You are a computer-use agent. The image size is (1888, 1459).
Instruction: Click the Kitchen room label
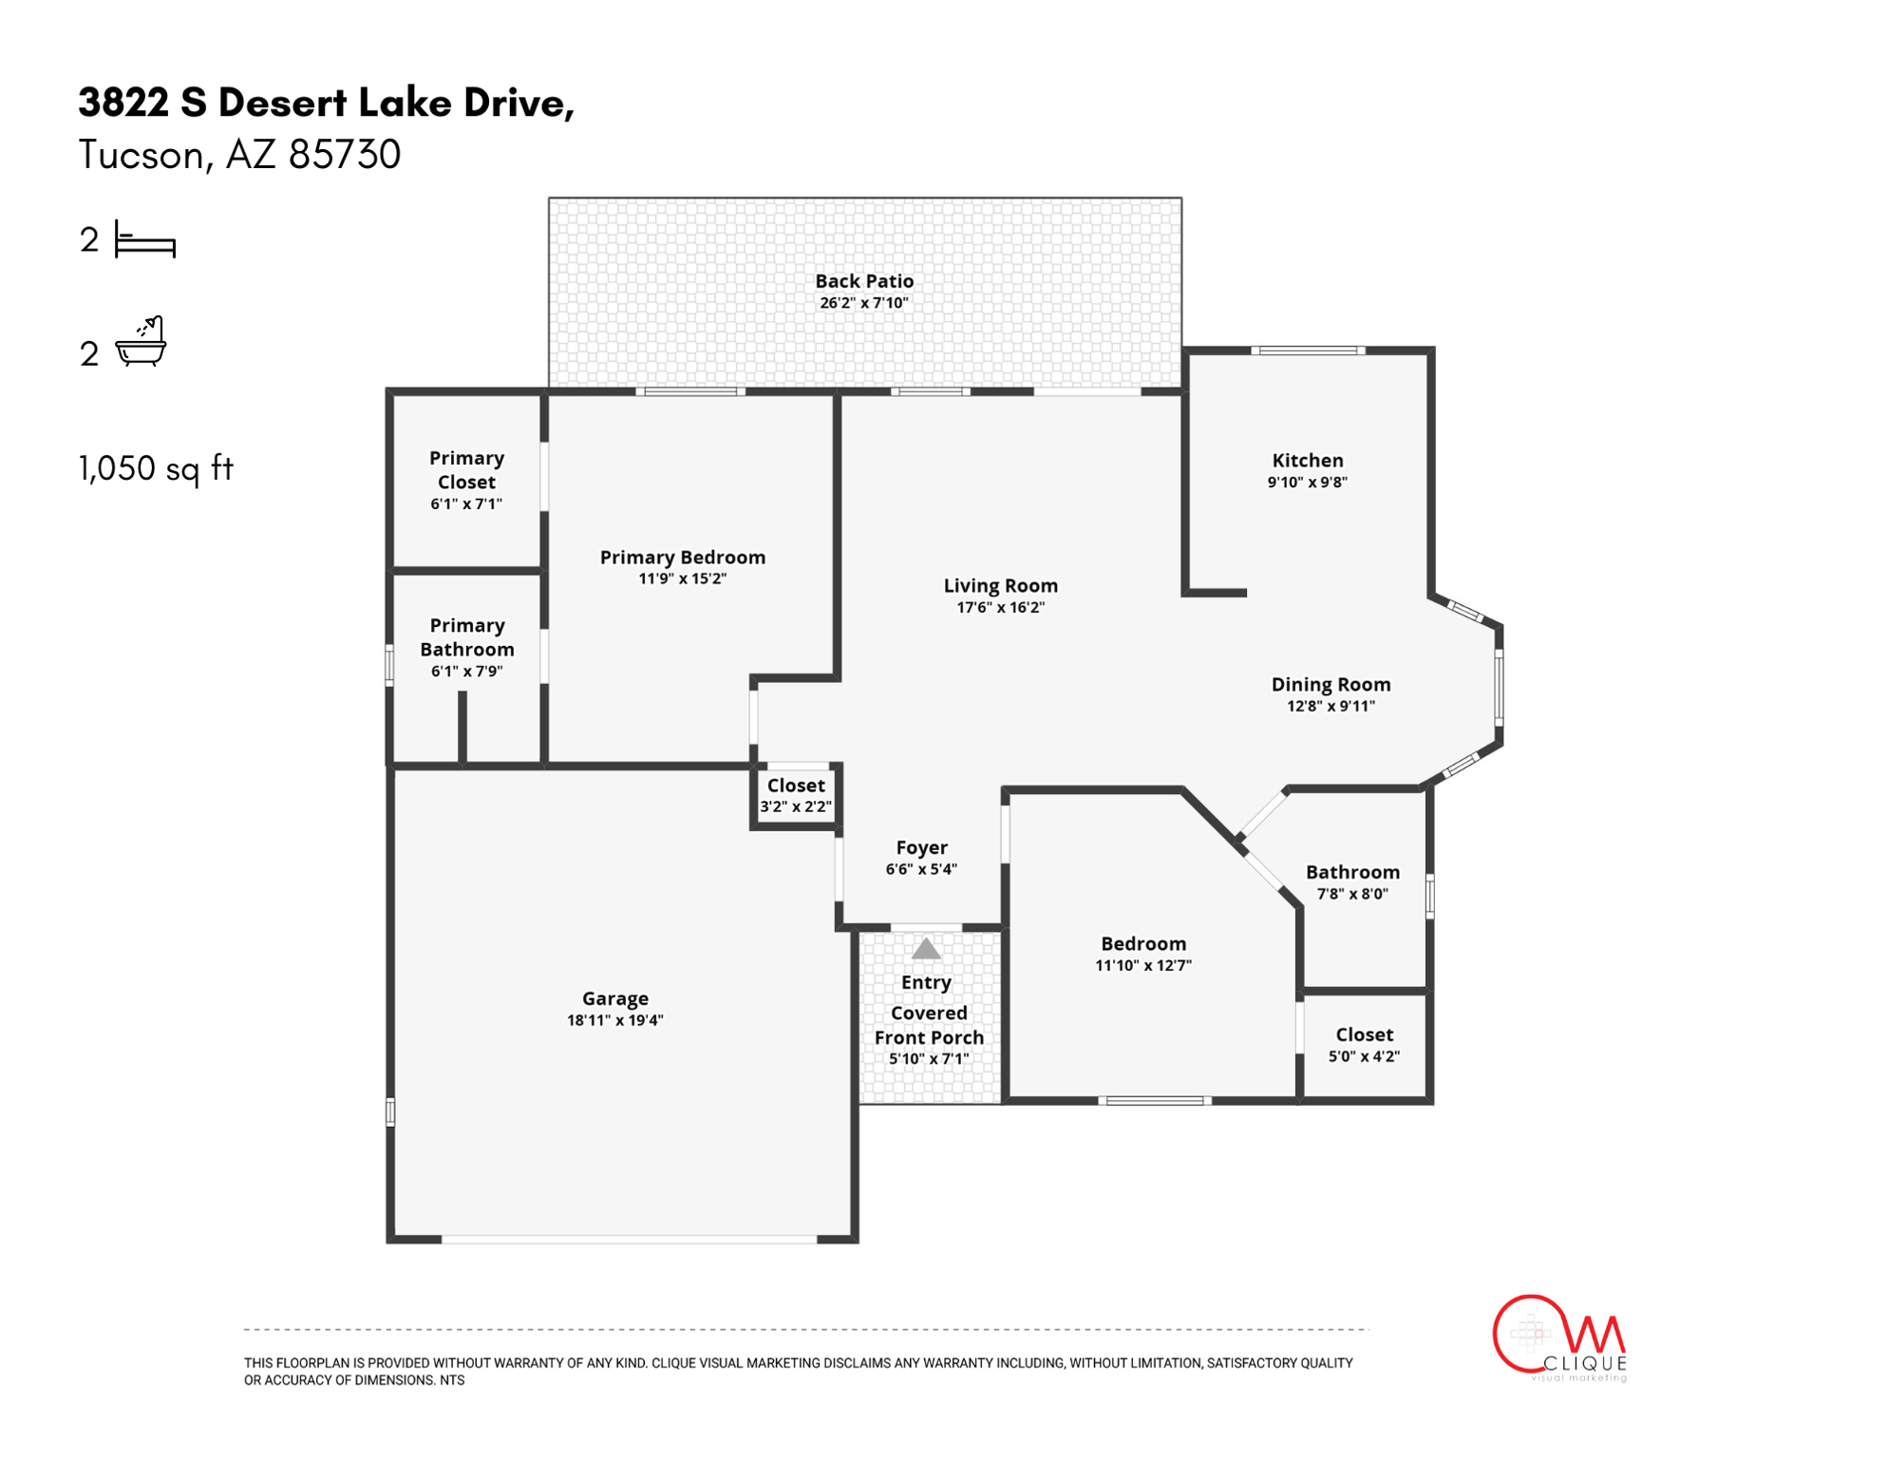coord(1307,461)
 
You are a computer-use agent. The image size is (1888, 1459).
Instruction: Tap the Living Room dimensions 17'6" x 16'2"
coord(1000,608)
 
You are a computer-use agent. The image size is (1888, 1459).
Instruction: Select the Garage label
coord(614,998)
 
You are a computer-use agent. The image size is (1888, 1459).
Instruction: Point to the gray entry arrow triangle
coord(926,949)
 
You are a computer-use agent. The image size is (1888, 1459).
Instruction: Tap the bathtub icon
coord(141,343)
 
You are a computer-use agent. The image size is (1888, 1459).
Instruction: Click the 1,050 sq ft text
coord(156,468)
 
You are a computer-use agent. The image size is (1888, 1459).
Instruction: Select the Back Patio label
coord(864,281)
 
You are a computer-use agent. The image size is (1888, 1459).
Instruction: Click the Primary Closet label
coord(466,470)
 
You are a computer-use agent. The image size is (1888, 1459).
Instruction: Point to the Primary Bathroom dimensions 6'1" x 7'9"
coord(466,672)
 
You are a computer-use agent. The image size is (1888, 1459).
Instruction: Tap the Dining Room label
coord(1331,685)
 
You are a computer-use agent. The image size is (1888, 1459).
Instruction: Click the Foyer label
coord(921,847)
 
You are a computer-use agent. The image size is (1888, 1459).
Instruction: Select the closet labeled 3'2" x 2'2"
coord(796,796)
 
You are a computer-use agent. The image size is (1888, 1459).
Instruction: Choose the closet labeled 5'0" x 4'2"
coord(1364,1045)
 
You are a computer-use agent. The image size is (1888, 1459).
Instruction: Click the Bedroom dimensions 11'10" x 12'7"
coord(1143,966)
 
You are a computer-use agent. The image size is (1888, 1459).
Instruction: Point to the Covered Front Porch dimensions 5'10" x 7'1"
coord(929,1059)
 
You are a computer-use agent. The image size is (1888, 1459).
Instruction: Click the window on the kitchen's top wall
coord(1308,351)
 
